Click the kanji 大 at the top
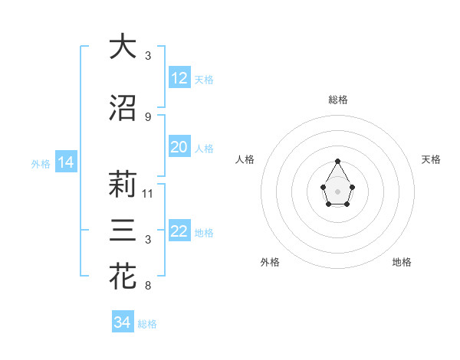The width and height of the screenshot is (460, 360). pos(123,47)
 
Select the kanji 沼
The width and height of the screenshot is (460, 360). pos(123,108)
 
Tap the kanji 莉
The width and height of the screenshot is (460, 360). pos(123,185)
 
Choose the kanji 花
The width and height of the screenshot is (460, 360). pos(123,277)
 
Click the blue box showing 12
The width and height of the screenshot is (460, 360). pos(179,78)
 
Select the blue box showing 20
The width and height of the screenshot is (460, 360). pos(179,147)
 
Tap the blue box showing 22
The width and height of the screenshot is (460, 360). pos(179,231)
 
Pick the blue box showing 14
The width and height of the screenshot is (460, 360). pos(65,162)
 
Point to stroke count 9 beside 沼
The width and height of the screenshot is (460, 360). pos(148,116)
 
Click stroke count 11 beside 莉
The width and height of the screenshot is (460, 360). pos(148,193)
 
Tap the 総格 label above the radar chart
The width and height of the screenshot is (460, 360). pos(338,100)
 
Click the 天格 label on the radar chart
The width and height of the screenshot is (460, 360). pos(432,159)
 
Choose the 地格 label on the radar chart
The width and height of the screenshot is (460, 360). pos(402,262)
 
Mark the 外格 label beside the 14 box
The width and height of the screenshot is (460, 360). pos(40,163)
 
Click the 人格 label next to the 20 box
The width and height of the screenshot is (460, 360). pos(204,148)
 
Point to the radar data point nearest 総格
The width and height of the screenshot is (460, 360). pos(338,161)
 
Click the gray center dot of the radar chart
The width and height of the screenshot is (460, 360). pos(338,190)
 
